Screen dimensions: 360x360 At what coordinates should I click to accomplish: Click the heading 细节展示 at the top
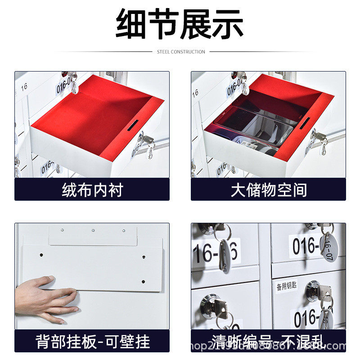click(180, 23)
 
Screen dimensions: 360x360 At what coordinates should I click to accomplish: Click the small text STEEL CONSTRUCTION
click(181, 52)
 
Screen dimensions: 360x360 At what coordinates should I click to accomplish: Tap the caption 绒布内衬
click(92, 190)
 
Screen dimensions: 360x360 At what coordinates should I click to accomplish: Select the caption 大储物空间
click(269, 190)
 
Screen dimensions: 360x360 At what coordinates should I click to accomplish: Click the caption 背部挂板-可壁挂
click(93, 342)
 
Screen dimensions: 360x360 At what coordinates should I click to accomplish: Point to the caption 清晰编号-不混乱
click(269, 342)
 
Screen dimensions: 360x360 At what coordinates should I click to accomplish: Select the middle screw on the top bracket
click(93, 230)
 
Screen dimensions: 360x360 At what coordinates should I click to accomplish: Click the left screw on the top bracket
click(63, 230)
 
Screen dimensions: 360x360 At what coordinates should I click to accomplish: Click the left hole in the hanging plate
click(41, 255)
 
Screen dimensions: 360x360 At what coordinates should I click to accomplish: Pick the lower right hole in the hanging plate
click(143, 282)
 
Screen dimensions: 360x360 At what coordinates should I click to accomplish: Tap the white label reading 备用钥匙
click(287, 285)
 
